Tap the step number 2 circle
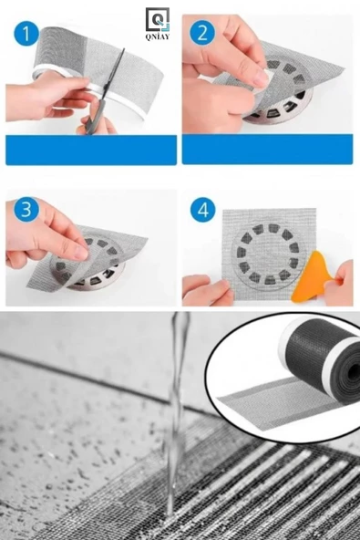coord(202,35)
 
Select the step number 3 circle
coord(26,210)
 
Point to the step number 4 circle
coord(202,210)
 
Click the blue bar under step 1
coord(91,150)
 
